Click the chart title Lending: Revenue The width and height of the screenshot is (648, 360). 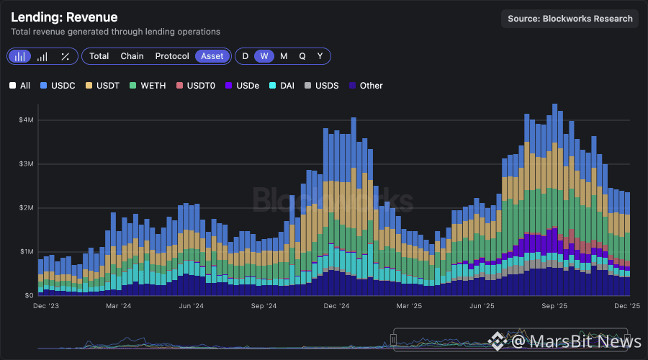click(64, 17)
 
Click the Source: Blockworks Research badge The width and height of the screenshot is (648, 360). click(570, 19)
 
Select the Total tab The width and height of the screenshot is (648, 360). click(99, 56)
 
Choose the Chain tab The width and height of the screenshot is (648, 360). click(132, 56)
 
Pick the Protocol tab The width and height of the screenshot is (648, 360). click(172, 56)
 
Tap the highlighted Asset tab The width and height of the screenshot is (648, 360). click(212, 56)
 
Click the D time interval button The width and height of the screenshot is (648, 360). click(246, 56)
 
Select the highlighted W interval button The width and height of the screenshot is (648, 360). click(264, 56)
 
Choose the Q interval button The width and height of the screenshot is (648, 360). click(302, 56)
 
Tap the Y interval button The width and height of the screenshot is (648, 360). click(320, 56)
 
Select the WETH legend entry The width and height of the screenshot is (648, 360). click(148, 86)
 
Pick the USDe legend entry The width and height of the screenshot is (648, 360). click(243, 86)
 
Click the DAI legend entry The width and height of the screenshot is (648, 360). click(284, 86)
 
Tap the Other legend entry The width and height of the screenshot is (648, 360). click(366, 86)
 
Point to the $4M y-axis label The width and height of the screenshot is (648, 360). click(26, 120)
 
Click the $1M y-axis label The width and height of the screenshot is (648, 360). click(26, 252)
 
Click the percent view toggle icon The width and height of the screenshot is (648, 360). click(65, 56)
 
